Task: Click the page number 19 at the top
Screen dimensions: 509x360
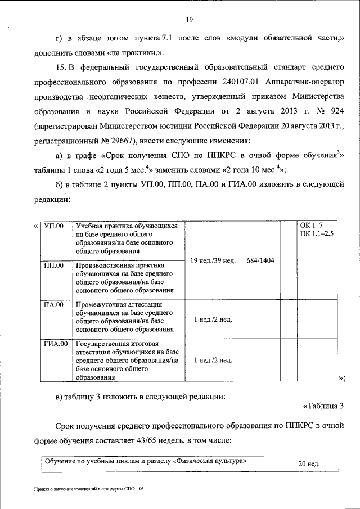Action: pyautogui.click(x=190, y=20)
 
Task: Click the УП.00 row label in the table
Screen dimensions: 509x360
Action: pyautogui.click(x=54, y=226)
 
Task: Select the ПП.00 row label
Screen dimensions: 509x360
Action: pyautogui.click(x=54, y=265)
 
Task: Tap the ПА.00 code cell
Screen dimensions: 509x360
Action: pyautogui.click(x=54, y=305)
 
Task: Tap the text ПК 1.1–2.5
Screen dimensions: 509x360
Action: pyautogui.click(x=317, y=233)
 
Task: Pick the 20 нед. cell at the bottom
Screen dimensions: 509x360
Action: pyautogui.click(x=308, y=465)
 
